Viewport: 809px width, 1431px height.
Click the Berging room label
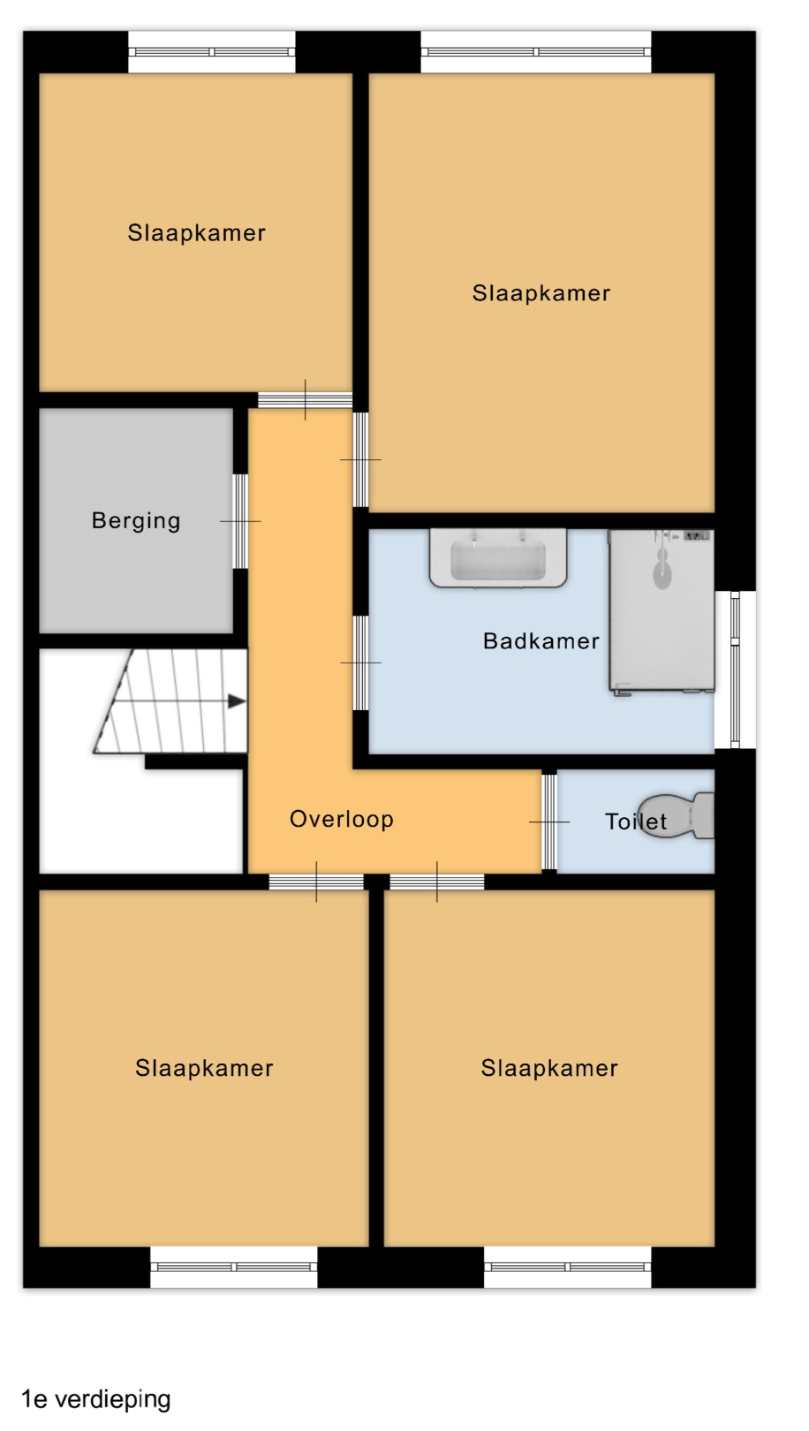tap(136, 520)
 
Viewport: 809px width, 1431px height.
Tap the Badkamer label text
tap(541, 640)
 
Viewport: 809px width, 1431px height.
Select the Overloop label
tap(342, 819)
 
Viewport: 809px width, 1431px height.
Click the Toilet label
tap(635, 821)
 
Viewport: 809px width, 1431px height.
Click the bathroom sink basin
tap(498, 557)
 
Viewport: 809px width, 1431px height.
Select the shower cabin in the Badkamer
tap(661, 611)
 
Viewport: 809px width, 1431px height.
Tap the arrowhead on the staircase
tap(237, 701)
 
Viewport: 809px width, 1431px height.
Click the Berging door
tap(240, 521)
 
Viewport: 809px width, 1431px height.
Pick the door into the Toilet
tap(549, 821)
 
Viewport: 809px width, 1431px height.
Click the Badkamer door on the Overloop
tap(360, 663)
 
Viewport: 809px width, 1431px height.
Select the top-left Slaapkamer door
tap(306, 400)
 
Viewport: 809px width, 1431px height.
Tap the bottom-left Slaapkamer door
tap(316, 882)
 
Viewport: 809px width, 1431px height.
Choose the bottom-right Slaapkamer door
tap(437, 882)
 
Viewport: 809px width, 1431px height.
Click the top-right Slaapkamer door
tap(360, 460)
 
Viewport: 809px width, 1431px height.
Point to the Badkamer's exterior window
tap(735, 670)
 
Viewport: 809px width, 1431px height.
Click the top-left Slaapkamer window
tap(212, 52)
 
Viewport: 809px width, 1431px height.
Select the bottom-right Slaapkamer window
tap(568, 1267)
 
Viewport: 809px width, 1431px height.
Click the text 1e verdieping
tap(96, 1400)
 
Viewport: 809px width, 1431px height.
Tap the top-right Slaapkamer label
tap(541, 293)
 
